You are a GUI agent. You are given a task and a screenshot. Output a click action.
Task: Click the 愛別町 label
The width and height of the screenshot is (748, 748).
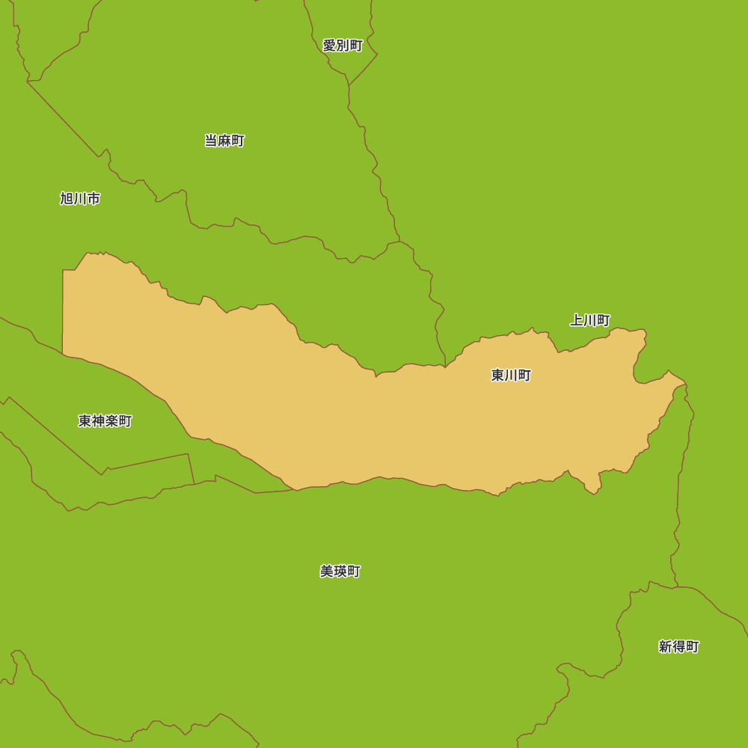(343, 46)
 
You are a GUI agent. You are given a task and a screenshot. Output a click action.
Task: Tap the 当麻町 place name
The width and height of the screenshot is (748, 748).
(224, 141)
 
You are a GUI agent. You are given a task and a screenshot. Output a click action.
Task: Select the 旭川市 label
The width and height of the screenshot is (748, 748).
(80, 199)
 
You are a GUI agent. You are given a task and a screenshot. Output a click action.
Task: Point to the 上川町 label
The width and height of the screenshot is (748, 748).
(590, 320)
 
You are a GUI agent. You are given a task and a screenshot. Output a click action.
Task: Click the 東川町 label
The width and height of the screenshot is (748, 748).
(511, 375)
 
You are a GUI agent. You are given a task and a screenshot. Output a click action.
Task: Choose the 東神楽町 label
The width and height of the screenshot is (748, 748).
(105, 421)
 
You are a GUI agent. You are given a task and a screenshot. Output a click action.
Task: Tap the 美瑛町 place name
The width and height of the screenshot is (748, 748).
(340, 571)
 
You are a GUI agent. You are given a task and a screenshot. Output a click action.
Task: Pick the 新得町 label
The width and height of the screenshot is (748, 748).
(678, 647)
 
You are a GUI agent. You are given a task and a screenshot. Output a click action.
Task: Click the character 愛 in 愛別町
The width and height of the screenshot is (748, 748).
(329, 46)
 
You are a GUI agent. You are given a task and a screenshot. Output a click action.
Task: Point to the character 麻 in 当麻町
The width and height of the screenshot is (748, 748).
(224, 141)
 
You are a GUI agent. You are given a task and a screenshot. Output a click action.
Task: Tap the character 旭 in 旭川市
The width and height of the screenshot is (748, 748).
(67, 199)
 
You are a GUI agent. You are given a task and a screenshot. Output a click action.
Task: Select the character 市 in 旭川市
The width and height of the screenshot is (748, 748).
(93, 199)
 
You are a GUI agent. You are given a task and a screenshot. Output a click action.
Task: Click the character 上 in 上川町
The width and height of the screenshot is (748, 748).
(577, 320)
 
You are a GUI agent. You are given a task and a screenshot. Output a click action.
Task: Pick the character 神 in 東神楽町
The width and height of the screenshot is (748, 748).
(98, 421)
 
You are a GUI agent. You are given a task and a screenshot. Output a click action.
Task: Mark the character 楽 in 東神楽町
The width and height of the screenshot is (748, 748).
(111, 421)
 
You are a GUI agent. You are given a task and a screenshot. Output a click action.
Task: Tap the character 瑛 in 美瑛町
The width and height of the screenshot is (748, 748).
(340, 571)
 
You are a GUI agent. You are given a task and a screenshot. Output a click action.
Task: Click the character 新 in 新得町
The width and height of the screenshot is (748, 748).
(665, 647)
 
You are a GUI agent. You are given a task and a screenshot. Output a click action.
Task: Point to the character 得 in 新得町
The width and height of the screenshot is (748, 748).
(678, 647)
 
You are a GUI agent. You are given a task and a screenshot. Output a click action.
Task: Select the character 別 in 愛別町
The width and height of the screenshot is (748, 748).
(343, 46)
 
